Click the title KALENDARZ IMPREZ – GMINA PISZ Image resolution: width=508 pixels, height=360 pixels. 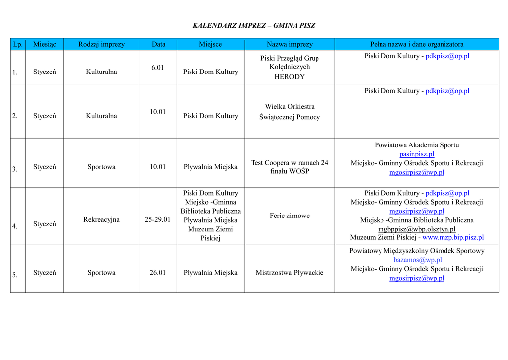tap(254, 25)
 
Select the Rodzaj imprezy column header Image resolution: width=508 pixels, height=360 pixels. tap(101, 44)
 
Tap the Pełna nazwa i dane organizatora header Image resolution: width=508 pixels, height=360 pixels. tap(417, 44)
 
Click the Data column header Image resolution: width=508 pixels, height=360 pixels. tap(158, 44)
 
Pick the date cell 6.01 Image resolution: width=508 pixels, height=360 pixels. tap(158, 67)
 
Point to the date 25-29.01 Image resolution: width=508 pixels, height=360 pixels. tap(158, 219)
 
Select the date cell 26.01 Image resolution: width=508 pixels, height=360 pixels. tap(158, 272)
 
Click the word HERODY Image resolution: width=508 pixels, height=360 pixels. tap(289, 77)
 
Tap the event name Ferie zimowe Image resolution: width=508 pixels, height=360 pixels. tap(289, 216)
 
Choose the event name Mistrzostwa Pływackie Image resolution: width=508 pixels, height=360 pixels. tap(289, 272)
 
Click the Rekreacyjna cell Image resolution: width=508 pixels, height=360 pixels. tap(101, 219)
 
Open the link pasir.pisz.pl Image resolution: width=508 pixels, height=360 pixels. tap(417, 154)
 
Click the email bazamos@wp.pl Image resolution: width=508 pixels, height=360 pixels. tap(417, 260)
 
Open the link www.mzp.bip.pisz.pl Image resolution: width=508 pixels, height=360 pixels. tap(453, 238)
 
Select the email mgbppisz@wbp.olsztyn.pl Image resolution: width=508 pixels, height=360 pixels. tap(417, 229)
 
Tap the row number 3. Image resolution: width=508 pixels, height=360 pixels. tap(15, 169)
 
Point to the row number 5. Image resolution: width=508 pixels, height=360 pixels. tap(15, 275)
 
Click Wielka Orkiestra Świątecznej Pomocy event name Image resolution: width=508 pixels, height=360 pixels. tap(289, 112)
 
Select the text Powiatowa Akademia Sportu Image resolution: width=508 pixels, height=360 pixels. tap(417, 145)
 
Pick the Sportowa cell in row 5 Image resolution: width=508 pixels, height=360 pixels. tap(101, 272)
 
